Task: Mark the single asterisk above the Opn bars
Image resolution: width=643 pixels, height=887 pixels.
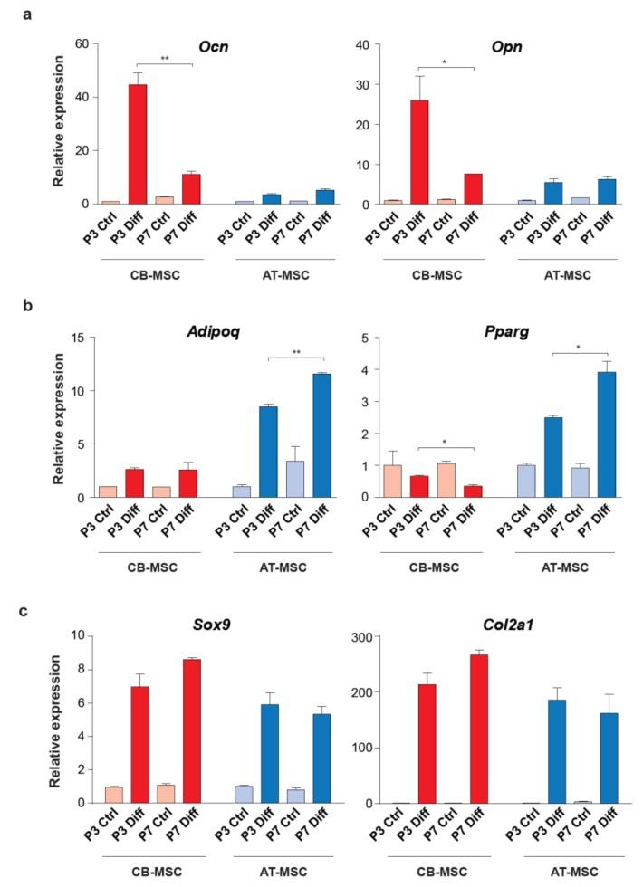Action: (446, 62)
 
